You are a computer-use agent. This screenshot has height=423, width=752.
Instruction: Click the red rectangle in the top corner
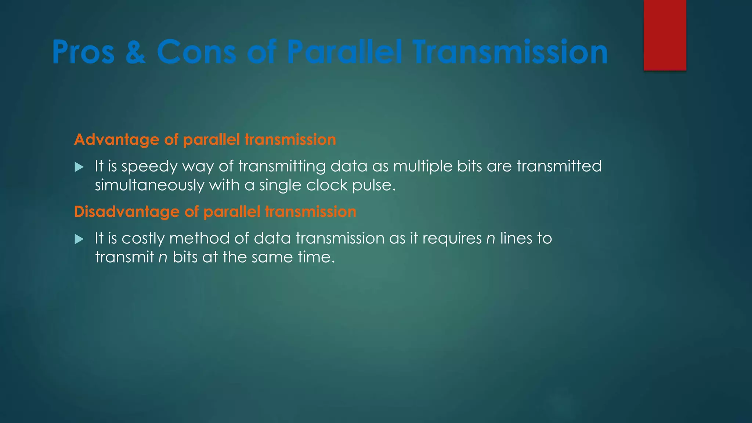pos(665,35)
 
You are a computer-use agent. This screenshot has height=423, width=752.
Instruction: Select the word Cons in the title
pos(196,52)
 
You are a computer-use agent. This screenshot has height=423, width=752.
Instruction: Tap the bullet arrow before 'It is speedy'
pos(79,167)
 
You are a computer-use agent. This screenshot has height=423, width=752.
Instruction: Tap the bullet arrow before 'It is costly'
pos(79,239)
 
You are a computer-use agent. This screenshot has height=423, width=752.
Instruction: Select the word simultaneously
pos(149,185)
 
